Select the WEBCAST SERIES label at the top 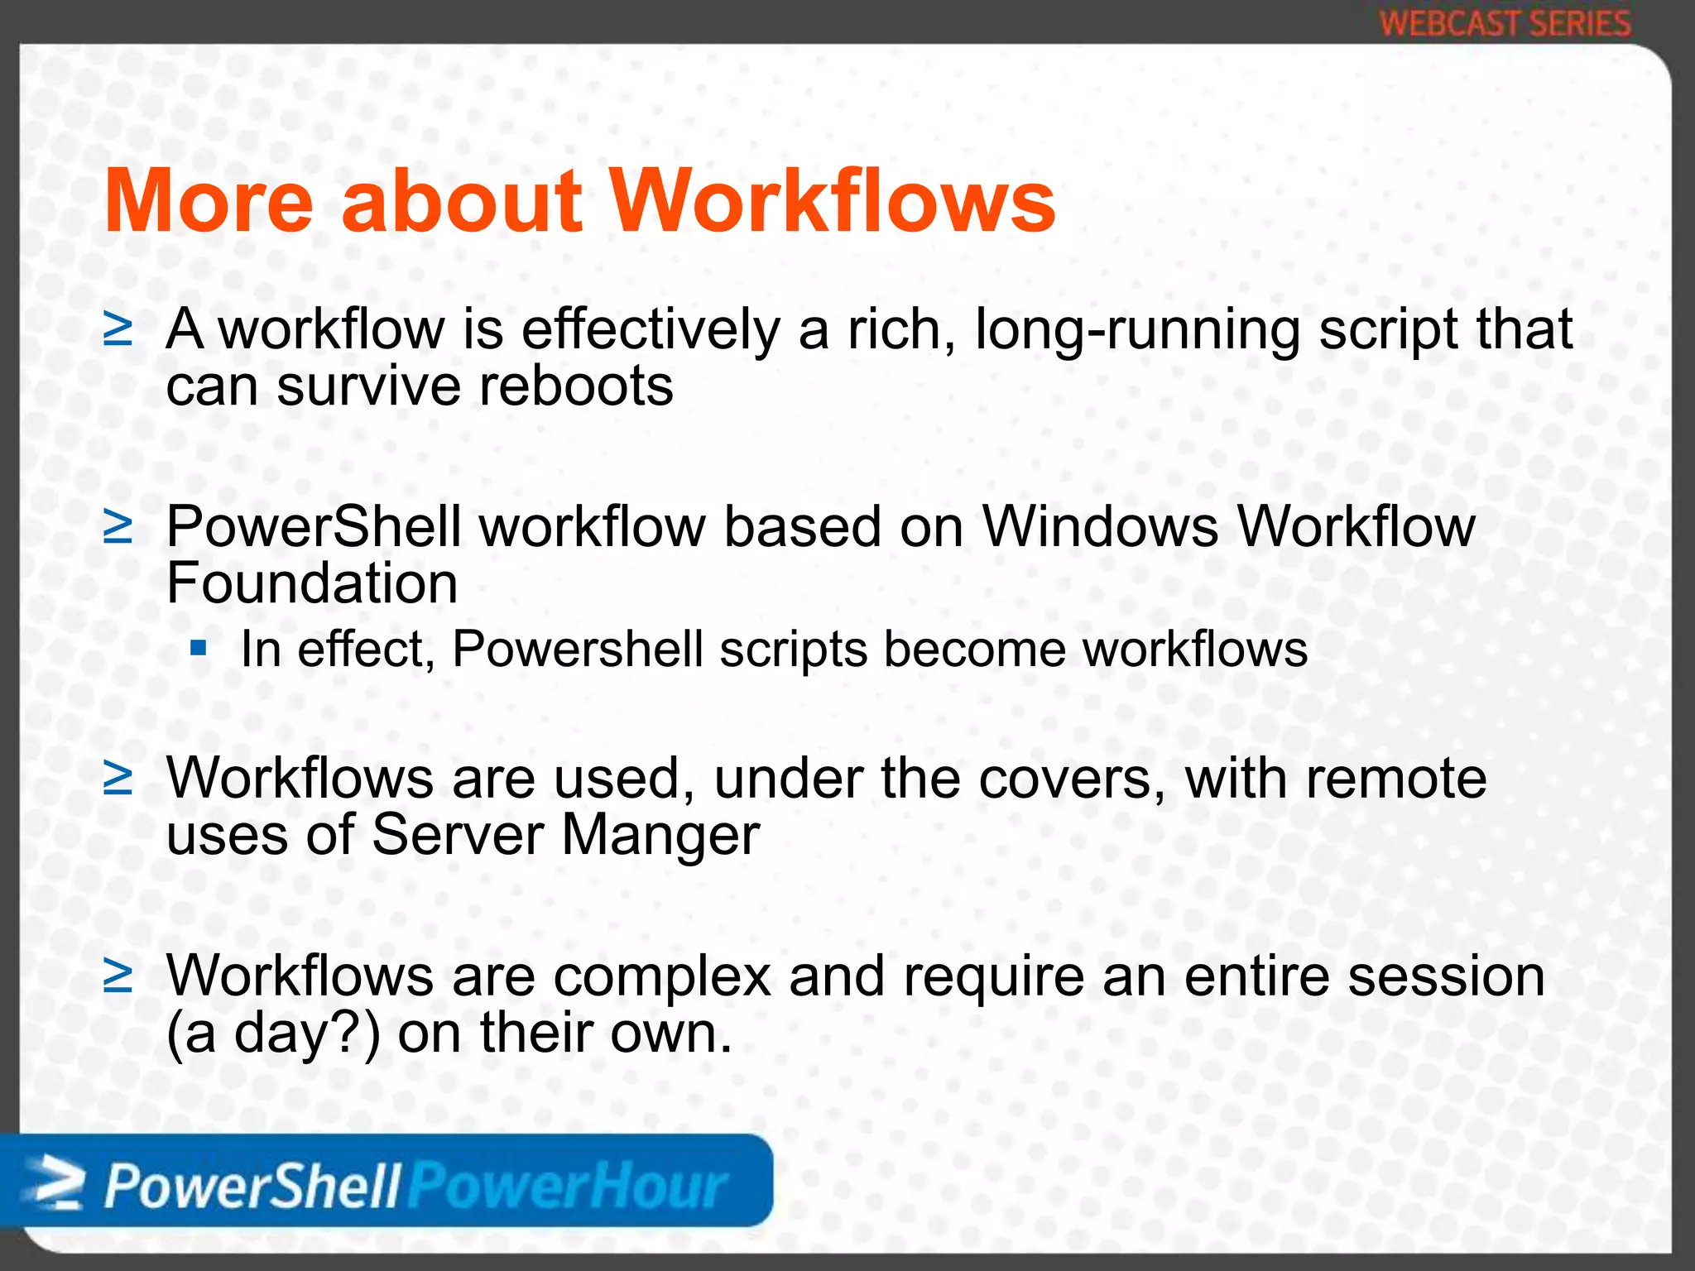[x=1505, y=23]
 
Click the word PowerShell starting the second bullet [x=314, y=527]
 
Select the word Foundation [x=312, y=583]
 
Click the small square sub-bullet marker [x=198, y=646]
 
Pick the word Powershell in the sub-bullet [x=578, y=649]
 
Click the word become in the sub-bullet [x=975, y=649]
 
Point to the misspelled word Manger [x=660, y=835]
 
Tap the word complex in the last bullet [x=662, y=977]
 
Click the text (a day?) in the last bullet [x=274, y=1034]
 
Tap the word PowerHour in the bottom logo [x=569, y=1187]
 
